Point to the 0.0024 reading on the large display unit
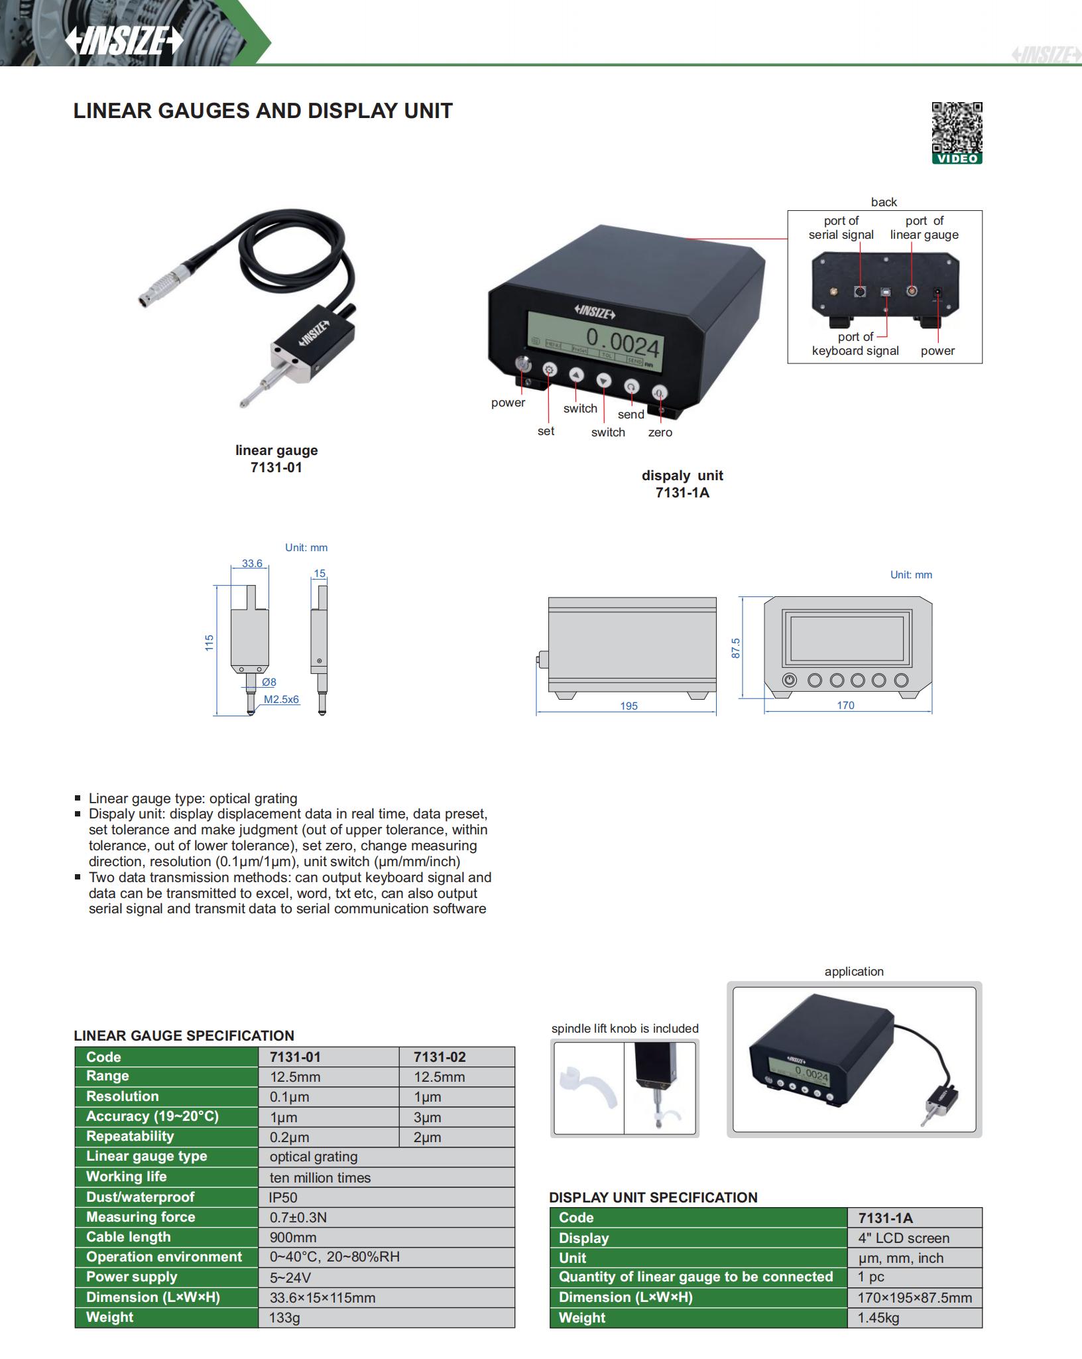(x=623, y=345)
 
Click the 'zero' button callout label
(x=660, y=432)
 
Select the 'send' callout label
(x=631, y=415)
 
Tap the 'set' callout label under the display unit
(x=546, y=431)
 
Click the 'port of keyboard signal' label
(x=855, y=344)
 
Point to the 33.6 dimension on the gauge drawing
(x=252, y=564)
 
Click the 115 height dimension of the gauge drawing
(x=210, y=642)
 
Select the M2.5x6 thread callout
(x=281, y=699)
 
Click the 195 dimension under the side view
(x=629, y=706)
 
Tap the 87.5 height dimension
(x=735, y=648)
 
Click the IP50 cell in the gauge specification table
(x=284, y=1197)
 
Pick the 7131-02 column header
(x=439, y=1057)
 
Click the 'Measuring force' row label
(x=141, y=1217)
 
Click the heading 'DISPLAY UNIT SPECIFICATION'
(x=653, y=1197)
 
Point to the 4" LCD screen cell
(x=903, y=1238)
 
